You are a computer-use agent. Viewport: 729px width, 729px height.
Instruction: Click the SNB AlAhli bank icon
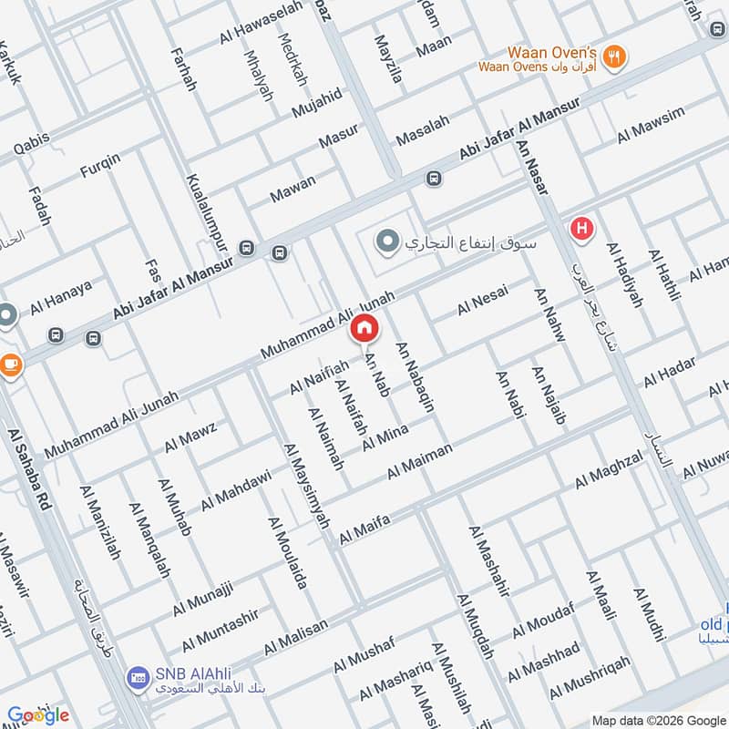[139, 677]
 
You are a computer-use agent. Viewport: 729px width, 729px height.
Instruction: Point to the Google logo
[38, 715]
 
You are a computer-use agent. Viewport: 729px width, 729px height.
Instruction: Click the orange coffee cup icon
[10, 365]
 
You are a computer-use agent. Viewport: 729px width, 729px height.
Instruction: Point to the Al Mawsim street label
[651, 127]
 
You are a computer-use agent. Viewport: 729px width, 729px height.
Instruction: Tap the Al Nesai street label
[483, 300]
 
